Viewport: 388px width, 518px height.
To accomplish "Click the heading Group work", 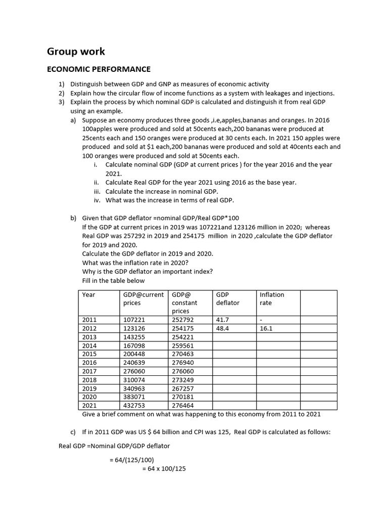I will pos(76,51).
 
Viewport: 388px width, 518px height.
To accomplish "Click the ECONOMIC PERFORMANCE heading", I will pos(99,69).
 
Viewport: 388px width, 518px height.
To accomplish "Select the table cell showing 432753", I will pos(134,406).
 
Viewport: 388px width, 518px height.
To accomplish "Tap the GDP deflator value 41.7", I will pos(222,320).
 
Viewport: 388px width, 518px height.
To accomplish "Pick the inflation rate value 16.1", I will pos(266,328).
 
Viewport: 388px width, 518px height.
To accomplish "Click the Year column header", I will pos(88,294).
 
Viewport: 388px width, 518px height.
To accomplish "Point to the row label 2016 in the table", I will pos(89,363).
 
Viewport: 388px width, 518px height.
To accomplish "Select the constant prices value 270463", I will pos(183,354).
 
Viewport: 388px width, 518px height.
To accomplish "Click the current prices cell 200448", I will pos(134,354).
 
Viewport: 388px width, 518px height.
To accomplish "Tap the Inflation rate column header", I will pos(272,298).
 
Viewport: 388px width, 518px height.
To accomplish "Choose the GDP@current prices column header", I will pos(143,298).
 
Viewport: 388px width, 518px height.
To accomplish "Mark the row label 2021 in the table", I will pos(89,406).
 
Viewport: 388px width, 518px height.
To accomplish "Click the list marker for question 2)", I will pos(62,93).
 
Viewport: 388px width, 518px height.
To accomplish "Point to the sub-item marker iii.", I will pos(97,191).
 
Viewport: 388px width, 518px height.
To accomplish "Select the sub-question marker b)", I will pos(74,218).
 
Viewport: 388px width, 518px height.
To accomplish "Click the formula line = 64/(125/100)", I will pos(132,460).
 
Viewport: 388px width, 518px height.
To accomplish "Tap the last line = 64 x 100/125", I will pos(164,469).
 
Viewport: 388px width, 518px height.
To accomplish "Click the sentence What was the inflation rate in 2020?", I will pos(135,263).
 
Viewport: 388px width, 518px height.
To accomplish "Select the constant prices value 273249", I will pos(183,380).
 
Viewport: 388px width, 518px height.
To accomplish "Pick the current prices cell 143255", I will pos(134,337).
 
